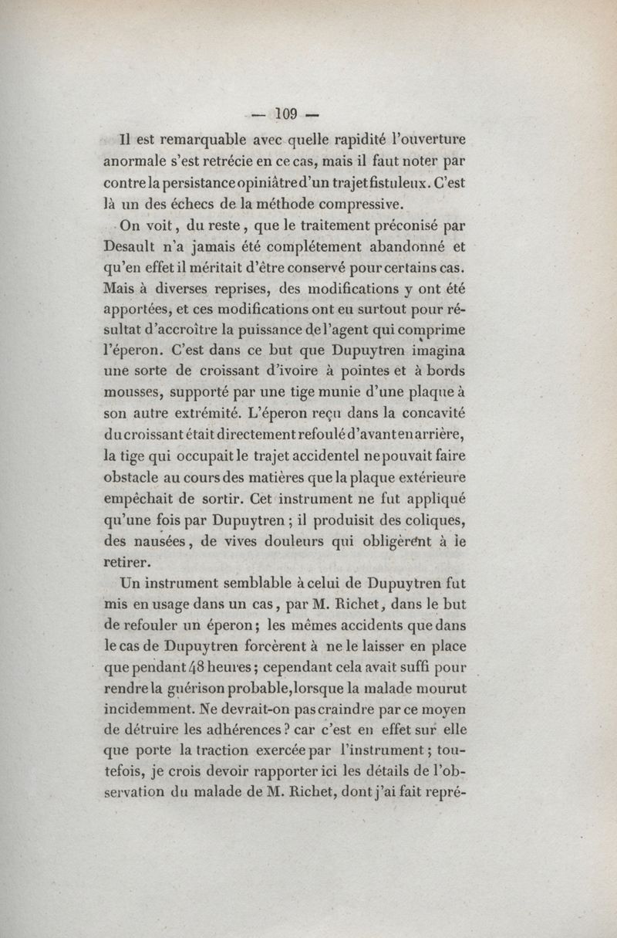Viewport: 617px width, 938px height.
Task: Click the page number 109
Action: click(285, 114)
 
